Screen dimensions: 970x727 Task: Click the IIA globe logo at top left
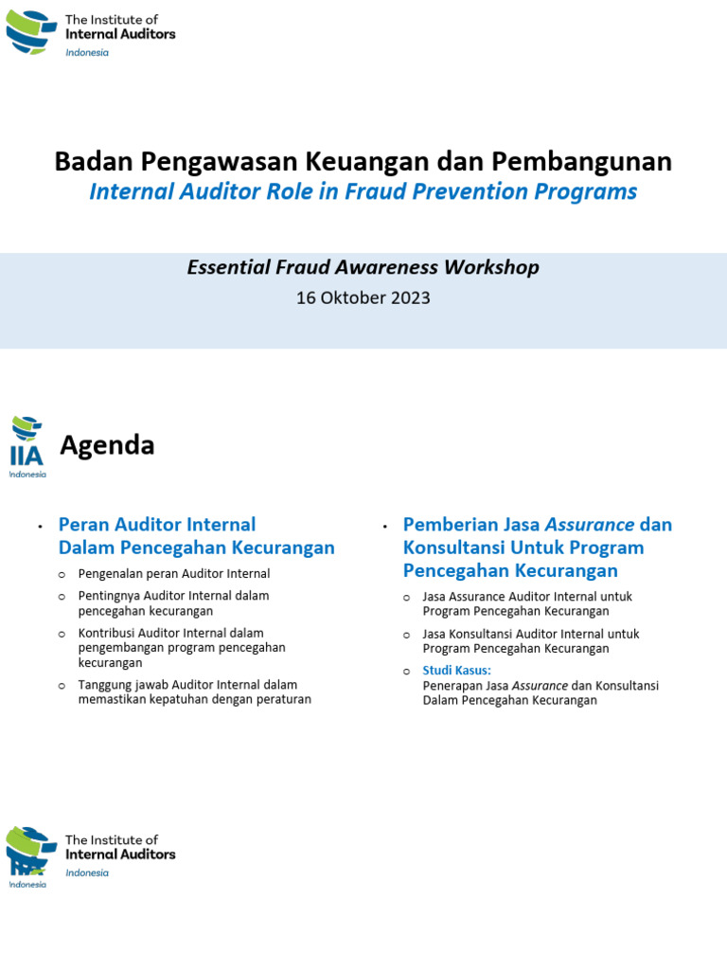31,32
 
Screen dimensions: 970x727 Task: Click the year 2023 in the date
411,297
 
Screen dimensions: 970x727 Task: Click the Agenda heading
107,445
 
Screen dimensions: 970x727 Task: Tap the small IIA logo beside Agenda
27,446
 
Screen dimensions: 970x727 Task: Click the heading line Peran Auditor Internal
157,525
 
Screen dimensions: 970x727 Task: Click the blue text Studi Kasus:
456,671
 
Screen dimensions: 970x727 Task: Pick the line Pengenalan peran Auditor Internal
174,574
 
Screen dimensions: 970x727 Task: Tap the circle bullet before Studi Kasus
406,672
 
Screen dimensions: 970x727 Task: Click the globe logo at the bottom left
31,851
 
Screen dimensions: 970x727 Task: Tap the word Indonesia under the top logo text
87,53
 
